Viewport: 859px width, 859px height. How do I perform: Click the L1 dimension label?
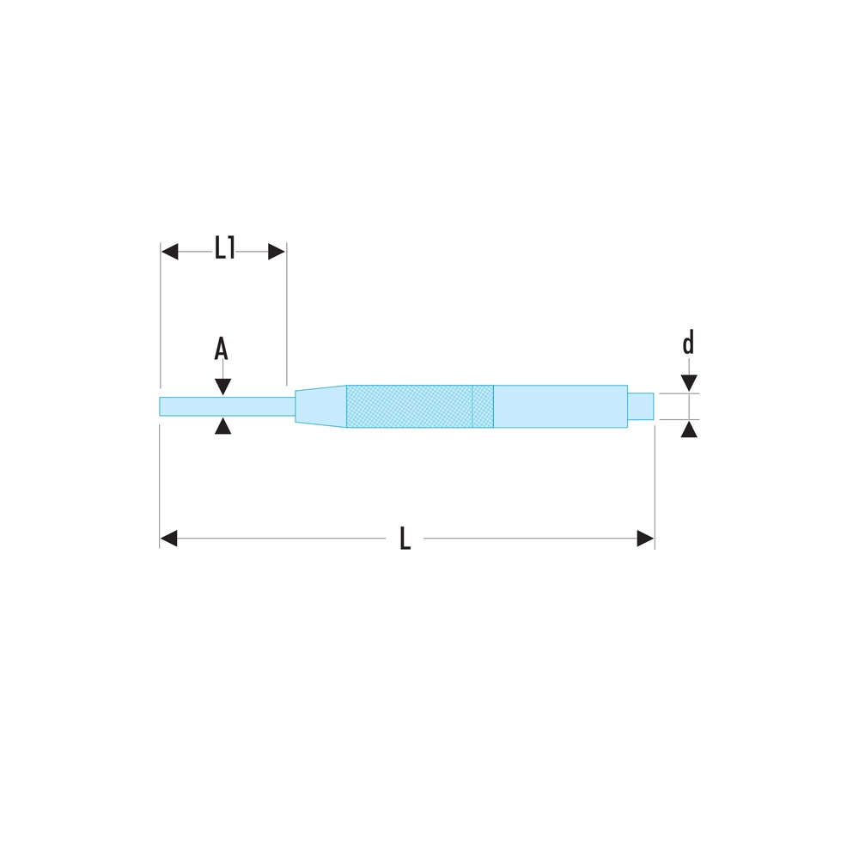point(224,250)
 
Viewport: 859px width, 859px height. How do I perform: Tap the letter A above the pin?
point(221,349)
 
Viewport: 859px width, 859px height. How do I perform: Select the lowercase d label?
point(688,344)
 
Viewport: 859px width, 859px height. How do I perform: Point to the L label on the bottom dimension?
point(405,539)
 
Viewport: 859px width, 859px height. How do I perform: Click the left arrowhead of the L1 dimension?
point(169,252)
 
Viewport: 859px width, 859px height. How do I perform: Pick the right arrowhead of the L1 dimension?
point(277,252)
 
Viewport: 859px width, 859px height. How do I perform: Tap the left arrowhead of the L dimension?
point(168,539)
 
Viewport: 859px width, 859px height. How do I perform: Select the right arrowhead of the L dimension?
point(645,539)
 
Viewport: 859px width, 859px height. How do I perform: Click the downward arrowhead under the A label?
point(222,387)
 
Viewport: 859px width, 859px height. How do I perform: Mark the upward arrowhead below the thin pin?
point(222,426)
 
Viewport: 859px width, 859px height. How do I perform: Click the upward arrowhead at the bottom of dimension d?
point(688,429)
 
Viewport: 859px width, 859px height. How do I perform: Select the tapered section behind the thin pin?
point(320,406)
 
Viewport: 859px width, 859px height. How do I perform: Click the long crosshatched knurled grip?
point(409,406)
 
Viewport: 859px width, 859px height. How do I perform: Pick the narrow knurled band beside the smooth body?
point(483,406)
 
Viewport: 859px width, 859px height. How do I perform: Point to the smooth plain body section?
point(560,406)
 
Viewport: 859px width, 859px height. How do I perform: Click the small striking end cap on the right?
point(641,406)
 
